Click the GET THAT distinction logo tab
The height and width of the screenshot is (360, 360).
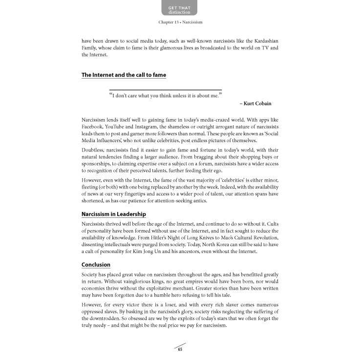(x=180, y=9)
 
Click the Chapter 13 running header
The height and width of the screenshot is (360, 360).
(x=180, y=22)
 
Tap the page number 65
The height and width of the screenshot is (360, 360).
(x=180, y=348)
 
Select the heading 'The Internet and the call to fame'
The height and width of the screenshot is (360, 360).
(x=124, y=75)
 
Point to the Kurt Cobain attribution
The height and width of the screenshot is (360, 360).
(x=255, y=104)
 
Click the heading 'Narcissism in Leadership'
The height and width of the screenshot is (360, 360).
(x=113, y=214)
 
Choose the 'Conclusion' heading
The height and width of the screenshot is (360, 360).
(x=96, y=265)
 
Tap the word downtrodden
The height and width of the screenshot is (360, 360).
(x=104, y=318)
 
